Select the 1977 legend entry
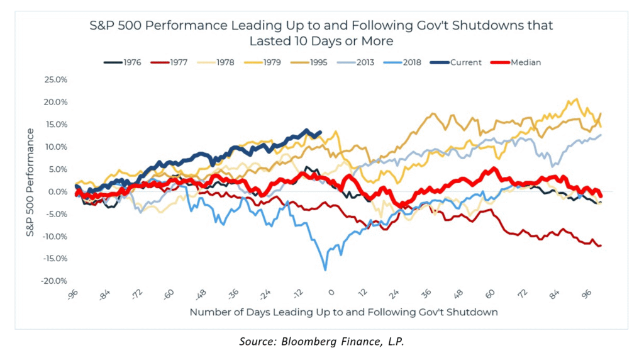coord(177,62)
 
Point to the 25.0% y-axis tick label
coord(56,80)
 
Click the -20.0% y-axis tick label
coord(55,281)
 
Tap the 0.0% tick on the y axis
coord(58,191)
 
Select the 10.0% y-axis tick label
coord(56,147)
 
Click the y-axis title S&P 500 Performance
coord(30,181)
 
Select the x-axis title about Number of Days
coord(343,312)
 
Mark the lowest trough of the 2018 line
coord(325,269)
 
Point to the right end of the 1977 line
coord(601,245)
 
